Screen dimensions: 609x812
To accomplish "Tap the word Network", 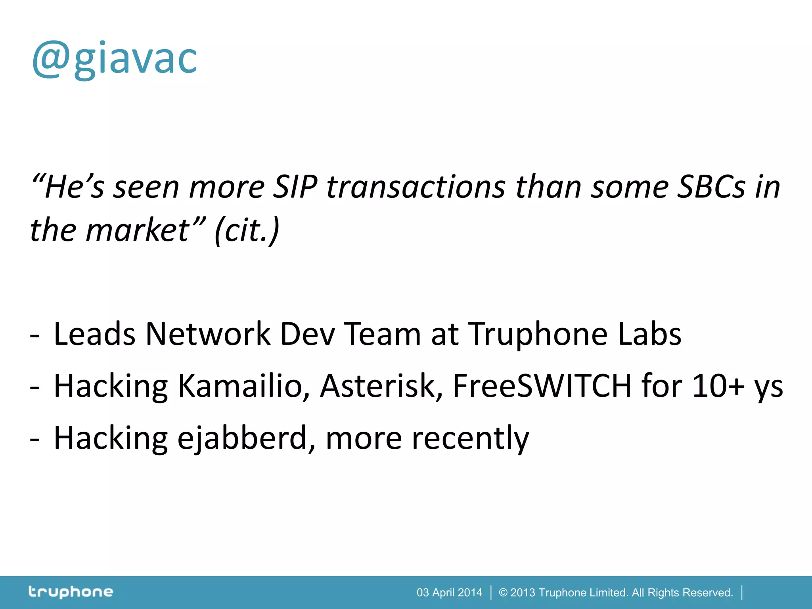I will [208, 334].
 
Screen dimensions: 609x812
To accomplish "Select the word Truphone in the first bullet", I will [538, 334].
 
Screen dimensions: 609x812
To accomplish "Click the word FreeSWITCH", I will [542, 386].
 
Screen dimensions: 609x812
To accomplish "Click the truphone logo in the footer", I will [71, 592].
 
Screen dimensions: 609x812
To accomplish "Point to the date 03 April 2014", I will [449, 592].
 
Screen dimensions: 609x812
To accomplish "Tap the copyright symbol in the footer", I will [503, 592].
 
